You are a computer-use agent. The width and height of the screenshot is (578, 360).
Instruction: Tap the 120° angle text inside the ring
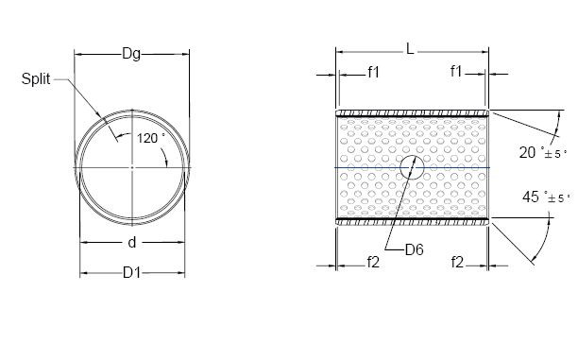(150, 138)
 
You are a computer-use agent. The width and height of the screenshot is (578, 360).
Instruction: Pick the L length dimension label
(411, 48)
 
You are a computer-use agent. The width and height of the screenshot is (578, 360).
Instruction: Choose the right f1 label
(456, 71)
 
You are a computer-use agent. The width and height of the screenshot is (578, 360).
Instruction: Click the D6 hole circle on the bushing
(411, 167)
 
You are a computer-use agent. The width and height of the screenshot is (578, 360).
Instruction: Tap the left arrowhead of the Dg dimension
(79, 56)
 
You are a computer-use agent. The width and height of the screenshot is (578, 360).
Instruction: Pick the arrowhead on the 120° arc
(168, 162)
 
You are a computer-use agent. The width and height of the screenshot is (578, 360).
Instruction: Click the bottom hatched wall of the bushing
(412, 222)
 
